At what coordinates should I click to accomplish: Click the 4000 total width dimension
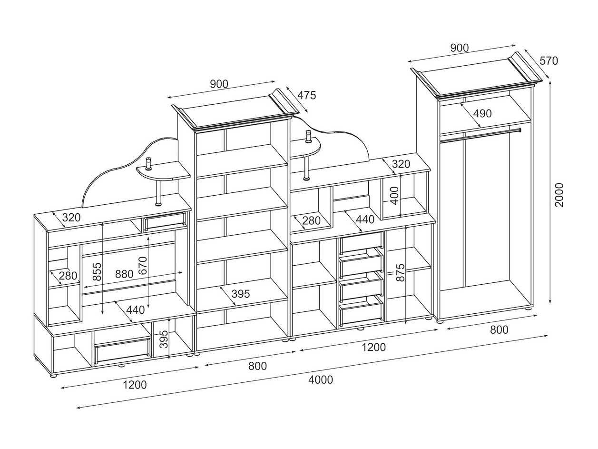[x=320, y=379]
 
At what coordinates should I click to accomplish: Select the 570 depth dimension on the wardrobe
[x=549, y=60]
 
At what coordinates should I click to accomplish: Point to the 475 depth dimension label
[x=306, y=95]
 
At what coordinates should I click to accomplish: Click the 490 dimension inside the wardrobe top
[x=482, y=113]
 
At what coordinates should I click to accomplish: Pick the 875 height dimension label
[x=400, y=272]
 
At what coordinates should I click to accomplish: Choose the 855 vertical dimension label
[x=97, y=271]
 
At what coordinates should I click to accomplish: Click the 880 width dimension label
[x=124, y=274]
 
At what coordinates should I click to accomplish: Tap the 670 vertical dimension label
[x=142, y=265]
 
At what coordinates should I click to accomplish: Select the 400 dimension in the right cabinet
[x=394, y=196]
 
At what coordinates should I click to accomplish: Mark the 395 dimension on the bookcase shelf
[x=241, y=294]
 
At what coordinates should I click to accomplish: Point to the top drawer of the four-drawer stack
[x=362, y=242]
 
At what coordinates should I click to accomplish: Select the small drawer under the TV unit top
[x=166, y=220]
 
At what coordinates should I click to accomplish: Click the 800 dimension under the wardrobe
[x=499, y=330]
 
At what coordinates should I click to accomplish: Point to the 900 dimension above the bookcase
[x=219, y=84]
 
